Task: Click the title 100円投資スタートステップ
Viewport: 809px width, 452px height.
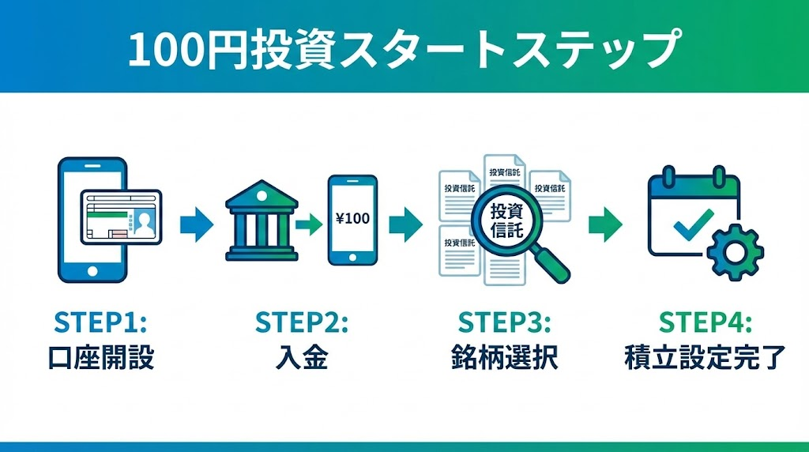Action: tap(404, 50)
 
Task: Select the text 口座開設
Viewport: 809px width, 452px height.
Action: tap(100, 358)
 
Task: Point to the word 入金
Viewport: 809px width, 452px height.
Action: tap(302, 358)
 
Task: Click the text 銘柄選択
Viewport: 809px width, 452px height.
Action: tap(504, 358)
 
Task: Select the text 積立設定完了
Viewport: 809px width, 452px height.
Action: tap(705, 358)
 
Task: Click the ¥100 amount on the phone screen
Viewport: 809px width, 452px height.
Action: tap(352, 219)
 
